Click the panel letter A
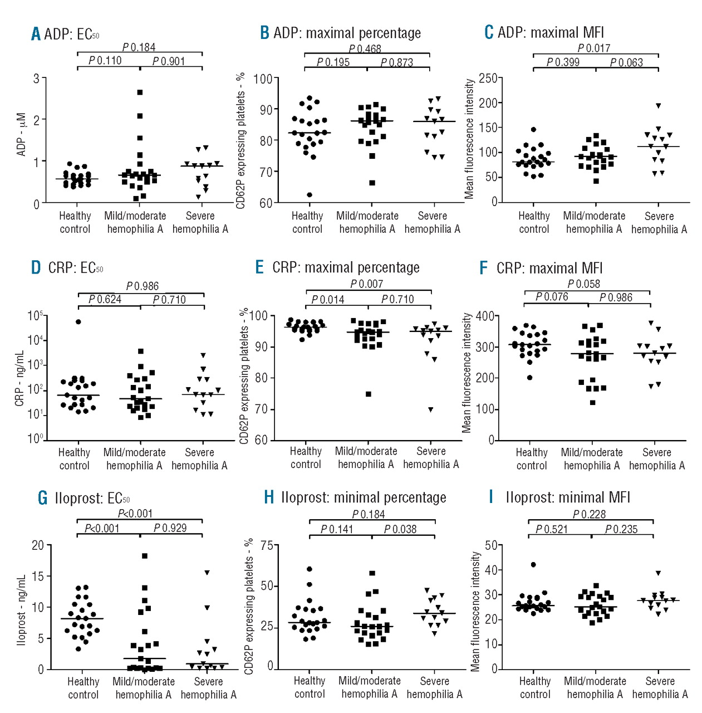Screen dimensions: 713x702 tap(36, 34)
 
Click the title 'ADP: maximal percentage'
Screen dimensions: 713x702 tap(347, 33)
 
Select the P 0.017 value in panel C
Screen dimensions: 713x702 tap(593, 48)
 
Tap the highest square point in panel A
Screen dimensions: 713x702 tap(140, 92)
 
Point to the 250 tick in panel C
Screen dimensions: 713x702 tap(488, 78)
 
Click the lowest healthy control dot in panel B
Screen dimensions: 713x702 tap(310, 195)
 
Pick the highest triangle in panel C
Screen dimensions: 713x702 tap(659, 106)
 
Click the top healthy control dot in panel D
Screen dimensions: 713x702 tap(78, 322)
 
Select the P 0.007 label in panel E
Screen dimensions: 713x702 tap(366, 284)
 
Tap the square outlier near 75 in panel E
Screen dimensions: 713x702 tap(369, 394)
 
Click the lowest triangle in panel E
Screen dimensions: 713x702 tap(430, 410)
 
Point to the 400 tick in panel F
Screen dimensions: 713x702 tap(485, 316)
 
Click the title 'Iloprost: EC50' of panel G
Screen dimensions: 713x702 tap(92, 498)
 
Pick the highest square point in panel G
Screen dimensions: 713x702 tap(145, 556)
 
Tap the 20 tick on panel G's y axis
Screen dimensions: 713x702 tap(38, 545)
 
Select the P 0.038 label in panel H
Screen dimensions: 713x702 tap(400, 529)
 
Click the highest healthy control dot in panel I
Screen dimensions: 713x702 tap(533, 565)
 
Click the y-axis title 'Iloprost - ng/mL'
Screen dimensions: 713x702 tap(22, 610)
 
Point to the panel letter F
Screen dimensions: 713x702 tap(484, 268)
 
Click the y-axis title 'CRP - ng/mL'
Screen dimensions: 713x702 tap(19, 378)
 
